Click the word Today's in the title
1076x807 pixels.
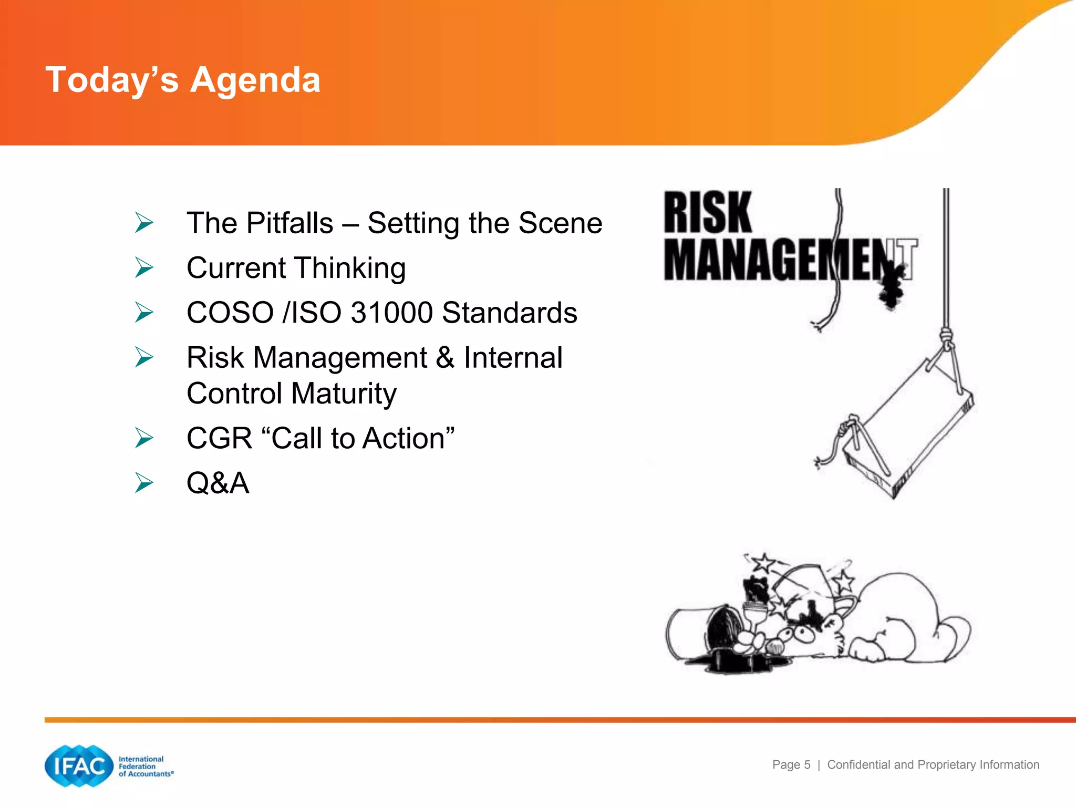(x=112, y=80)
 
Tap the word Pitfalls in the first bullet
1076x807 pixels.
(x=289, y=223)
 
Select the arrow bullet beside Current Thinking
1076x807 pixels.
(x=143, y=267)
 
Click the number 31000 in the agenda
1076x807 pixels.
(x=391, y=313)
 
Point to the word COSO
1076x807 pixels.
(x=230, y=313)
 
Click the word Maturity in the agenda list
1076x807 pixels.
(x=344, y=394)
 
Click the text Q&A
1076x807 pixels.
(x=218, y=483)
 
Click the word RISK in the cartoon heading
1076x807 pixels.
(x=707, y=213)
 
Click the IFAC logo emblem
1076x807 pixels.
(x=79, y=766)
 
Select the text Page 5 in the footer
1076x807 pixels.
(x=791, y=765)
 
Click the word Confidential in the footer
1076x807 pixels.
(x=859, y=765)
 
